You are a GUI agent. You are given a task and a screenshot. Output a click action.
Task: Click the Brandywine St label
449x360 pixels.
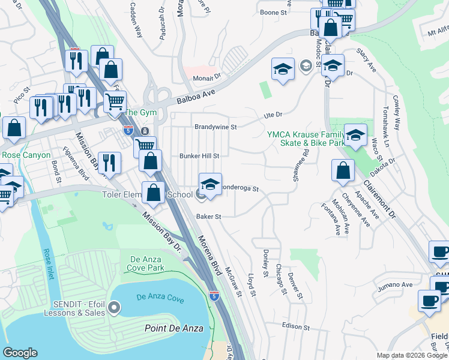(216, 127)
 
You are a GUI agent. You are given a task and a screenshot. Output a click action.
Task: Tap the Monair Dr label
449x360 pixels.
(207, 77)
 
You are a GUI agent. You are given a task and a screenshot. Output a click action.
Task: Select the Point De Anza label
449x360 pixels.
(174, 328)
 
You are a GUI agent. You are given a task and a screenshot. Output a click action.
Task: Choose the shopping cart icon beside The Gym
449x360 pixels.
(115, 101)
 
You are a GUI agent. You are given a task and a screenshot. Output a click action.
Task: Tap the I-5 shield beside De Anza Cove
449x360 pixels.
(214, 295)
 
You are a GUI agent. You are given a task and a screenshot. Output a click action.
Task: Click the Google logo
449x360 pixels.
(20, 353)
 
